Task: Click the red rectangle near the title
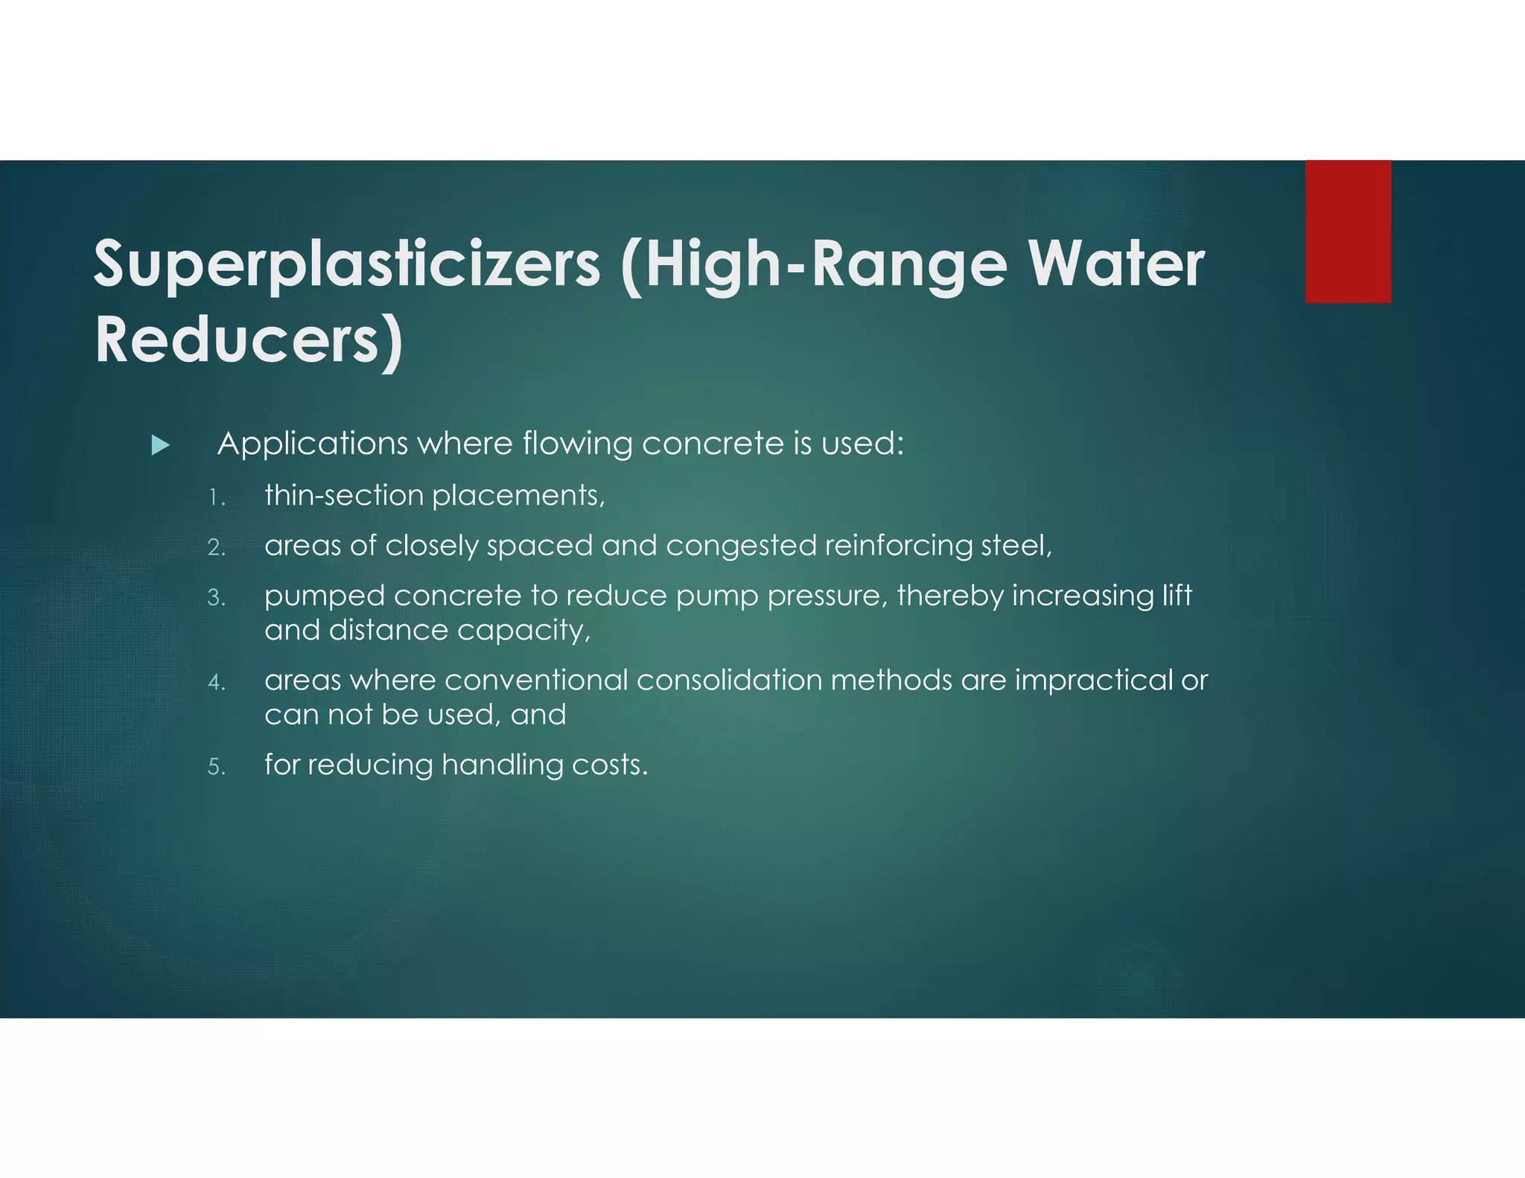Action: pos(1348,232)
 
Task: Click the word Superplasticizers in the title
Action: pos(346,264)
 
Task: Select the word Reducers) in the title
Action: pos(249,341)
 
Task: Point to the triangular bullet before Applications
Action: pos(160,445)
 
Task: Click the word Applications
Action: pos(312,445)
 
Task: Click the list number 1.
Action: pos(216,497)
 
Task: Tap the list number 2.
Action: pos(216,548)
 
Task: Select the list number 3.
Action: pos(216,598)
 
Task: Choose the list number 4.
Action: pos(216,682)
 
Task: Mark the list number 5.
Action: pos(216,767)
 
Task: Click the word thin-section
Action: pos(343,496)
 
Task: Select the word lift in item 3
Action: pos(1177,596)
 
